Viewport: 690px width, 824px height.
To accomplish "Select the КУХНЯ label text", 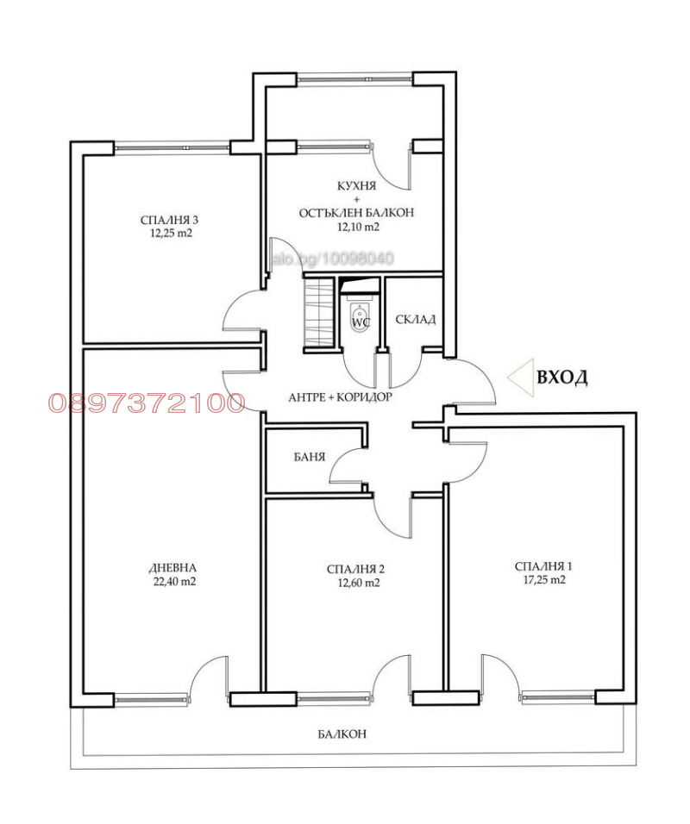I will tap(357, 186).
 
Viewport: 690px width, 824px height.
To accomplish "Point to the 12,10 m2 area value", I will tap(357, 227).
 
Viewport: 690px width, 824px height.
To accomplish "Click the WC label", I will tap(361, 322).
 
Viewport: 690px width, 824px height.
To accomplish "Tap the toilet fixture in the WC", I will tap(361, 315).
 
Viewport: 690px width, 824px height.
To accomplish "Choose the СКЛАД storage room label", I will tap(415, 320).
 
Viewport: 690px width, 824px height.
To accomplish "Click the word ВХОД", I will tap(561, 378).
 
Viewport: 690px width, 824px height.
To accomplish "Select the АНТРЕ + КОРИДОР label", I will tap(340, 398).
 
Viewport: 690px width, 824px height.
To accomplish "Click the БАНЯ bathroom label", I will tap(308, 457).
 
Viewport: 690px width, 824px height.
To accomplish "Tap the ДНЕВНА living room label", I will tap(172, 567).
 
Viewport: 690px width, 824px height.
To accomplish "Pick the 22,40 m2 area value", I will tap(172, 581).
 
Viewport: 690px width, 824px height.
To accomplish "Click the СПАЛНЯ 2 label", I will tap(355, 569).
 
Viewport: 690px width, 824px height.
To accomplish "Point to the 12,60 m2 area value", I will tap(355, 583).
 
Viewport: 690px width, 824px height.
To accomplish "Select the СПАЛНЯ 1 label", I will tap(543, 566).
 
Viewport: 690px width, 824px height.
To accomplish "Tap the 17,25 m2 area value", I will tap(543, 580).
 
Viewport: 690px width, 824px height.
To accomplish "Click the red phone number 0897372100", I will tap(147, 403).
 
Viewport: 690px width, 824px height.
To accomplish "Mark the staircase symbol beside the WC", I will tap(318, 312).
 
